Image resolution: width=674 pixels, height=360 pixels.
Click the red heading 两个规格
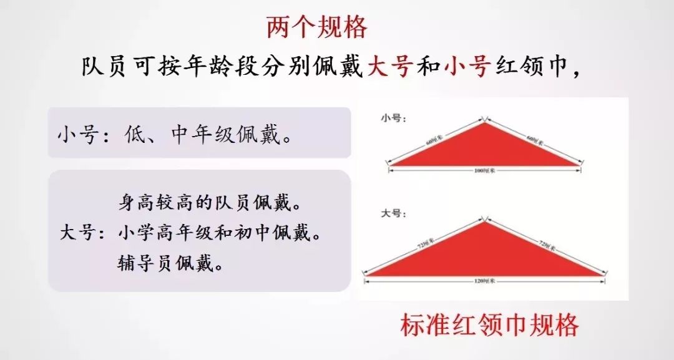[x=316, y=27]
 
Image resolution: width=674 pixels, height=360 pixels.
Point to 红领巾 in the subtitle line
[x=531, y=66]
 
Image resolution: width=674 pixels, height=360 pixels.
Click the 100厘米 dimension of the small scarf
[x=484, y=170]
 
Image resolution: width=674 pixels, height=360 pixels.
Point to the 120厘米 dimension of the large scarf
[x=484, y=281]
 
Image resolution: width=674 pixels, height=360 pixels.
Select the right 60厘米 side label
[x=534, y=139]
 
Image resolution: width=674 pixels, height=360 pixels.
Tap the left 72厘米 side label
[x=427, y=246]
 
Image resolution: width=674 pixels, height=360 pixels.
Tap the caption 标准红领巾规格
[x=490, y=325]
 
